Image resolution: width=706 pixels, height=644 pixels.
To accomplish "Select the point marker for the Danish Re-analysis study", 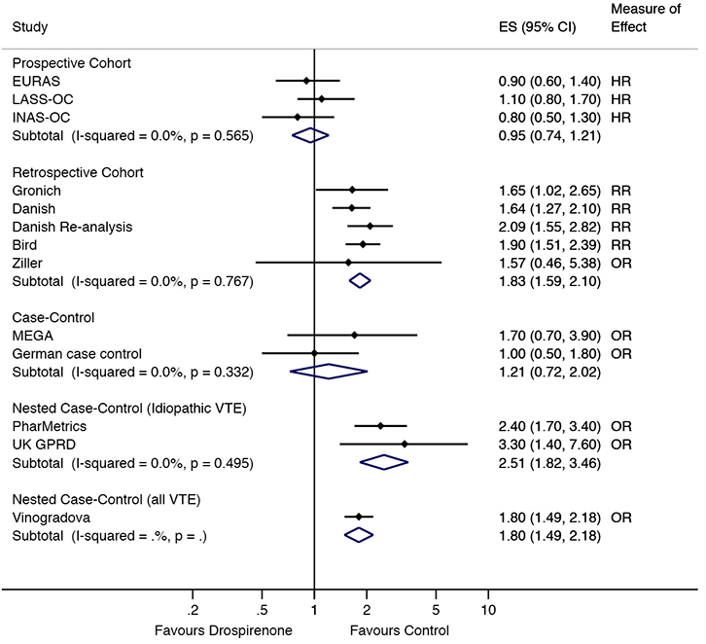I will (x=370, y=227).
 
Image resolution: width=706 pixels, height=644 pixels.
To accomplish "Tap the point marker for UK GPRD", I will (x=405, y=444).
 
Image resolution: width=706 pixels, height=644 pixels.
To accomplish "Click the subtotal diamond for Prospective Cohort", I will (x=310, y=135).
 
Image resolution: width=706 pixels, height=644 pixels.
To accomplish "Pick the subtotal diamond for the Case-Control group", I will (x=329, y=371).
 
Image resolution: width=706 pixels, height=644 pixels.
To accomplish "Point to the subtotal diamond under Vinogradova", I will (x=359, y=534).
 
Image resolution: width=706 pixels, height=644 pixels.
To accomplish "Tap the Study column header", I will (x=29, y=27).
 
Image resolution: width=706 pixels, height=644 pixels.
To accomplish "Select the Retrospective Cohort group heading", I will (x=77, y=172).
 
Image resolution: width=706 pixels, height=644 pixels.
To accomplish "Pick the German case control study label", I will (x=77, y=353).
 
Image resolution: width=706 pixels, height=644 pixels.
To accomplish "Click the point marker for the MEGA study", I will (x=354, y=335).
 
